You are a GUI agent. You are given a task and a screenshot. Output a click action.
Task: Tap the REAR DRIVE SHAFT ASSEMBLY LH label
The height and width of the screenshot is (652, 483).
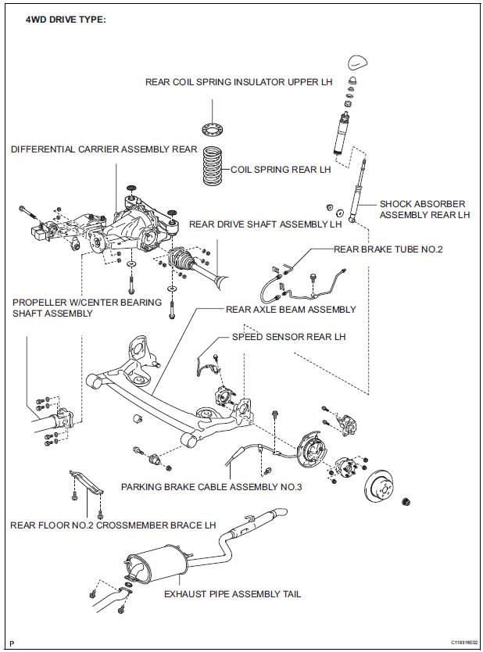[265, 224]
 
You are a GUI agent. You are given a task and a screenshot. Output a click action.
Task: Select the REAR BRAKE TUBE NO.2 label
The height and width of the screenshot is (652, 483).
[388, 249]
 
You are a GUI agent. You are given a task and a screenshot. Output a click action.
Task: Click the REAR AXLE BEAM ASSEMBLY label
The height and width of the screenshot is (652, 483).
[291, 310]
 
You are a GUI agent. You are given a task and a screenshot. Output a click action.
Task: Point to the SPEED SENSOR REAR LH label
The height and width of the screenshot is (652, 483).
[288, 337]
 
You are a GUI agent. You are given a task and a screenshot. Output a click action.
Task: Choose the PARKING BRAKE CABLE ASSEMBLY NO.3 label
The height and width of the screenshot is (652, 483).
[211, 486]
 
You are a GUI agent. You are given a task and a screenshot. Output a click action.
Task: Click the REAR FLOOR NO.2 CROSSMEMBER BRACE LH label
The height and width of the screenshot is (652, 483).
[113, 525]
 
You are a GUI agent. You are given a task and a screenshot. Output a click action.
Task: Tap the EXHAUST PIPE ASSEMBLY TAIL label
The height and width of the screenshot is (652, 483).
[232, 594]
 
